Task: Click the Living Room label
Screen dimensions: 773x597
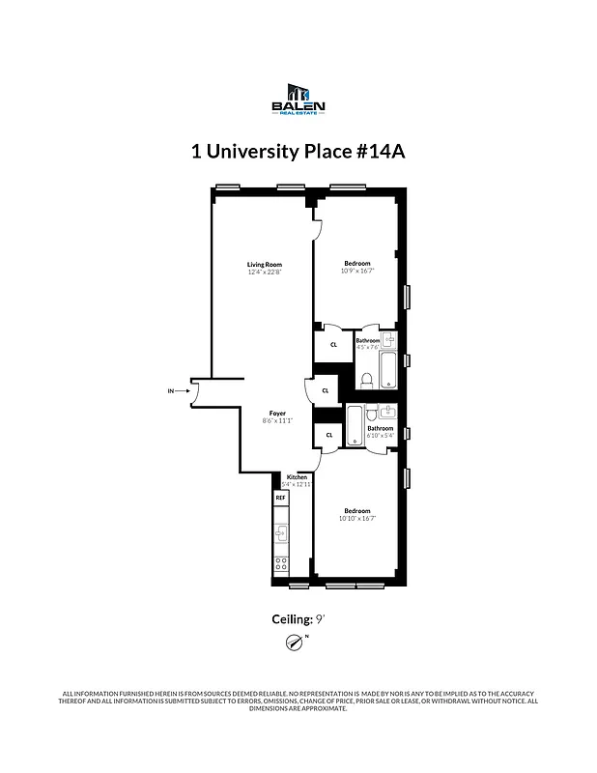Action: click(264, 265)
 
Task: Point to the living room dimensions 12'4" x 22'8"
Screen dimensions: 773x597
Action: click(264, 272)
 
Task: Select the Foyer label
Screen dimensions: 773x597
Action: click(277, 413)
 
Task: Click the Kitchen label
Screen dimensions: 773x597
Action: click(297, 477)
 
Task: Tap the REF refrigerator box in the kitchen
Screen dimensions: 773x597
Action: click(281, 498)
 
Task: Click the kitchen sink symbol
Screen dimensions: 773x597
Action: click(282, 530)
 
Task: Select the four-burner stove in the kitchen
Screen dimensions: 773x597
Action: click(282, 564)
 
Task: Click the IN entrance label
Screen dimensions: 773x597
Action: click(172, 391)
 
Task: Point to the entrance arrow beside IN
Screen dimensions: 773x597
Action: click(184, 391)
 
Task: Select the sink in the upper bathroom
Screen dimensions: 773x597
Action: click(387, 340)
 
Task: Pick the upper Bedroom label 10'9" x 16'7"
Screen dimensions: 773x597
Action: click(356, 263)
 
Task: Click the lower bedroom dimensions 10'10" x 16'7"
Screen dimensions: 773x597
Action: click(356, 519)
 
